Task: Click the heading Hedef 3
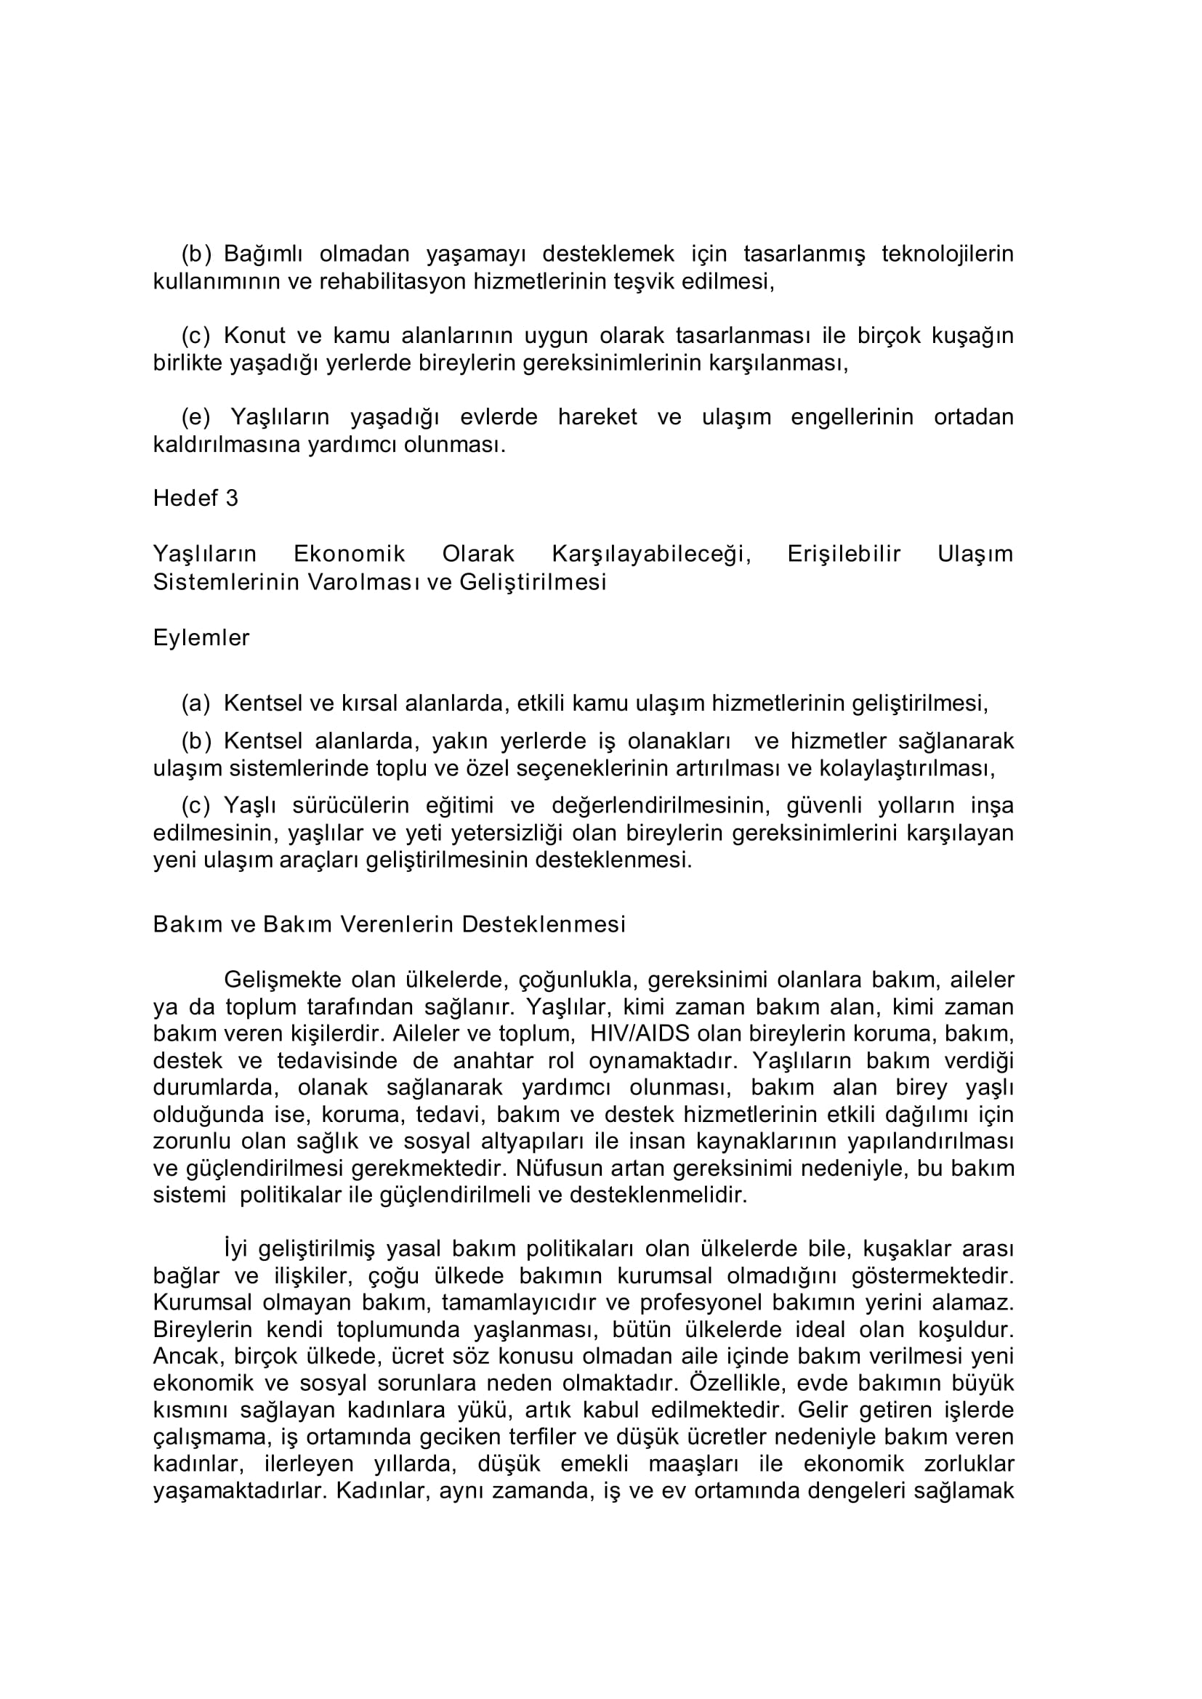(195, 498)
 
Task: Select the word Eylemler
(201, 638)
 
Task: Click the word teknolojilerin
(948, 254)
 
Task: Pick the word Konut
(254, 336)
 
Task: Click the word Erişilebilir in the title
(844, 554)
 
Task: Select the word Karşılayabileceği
(651, 554)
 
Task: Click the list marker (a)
(196, 703)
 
